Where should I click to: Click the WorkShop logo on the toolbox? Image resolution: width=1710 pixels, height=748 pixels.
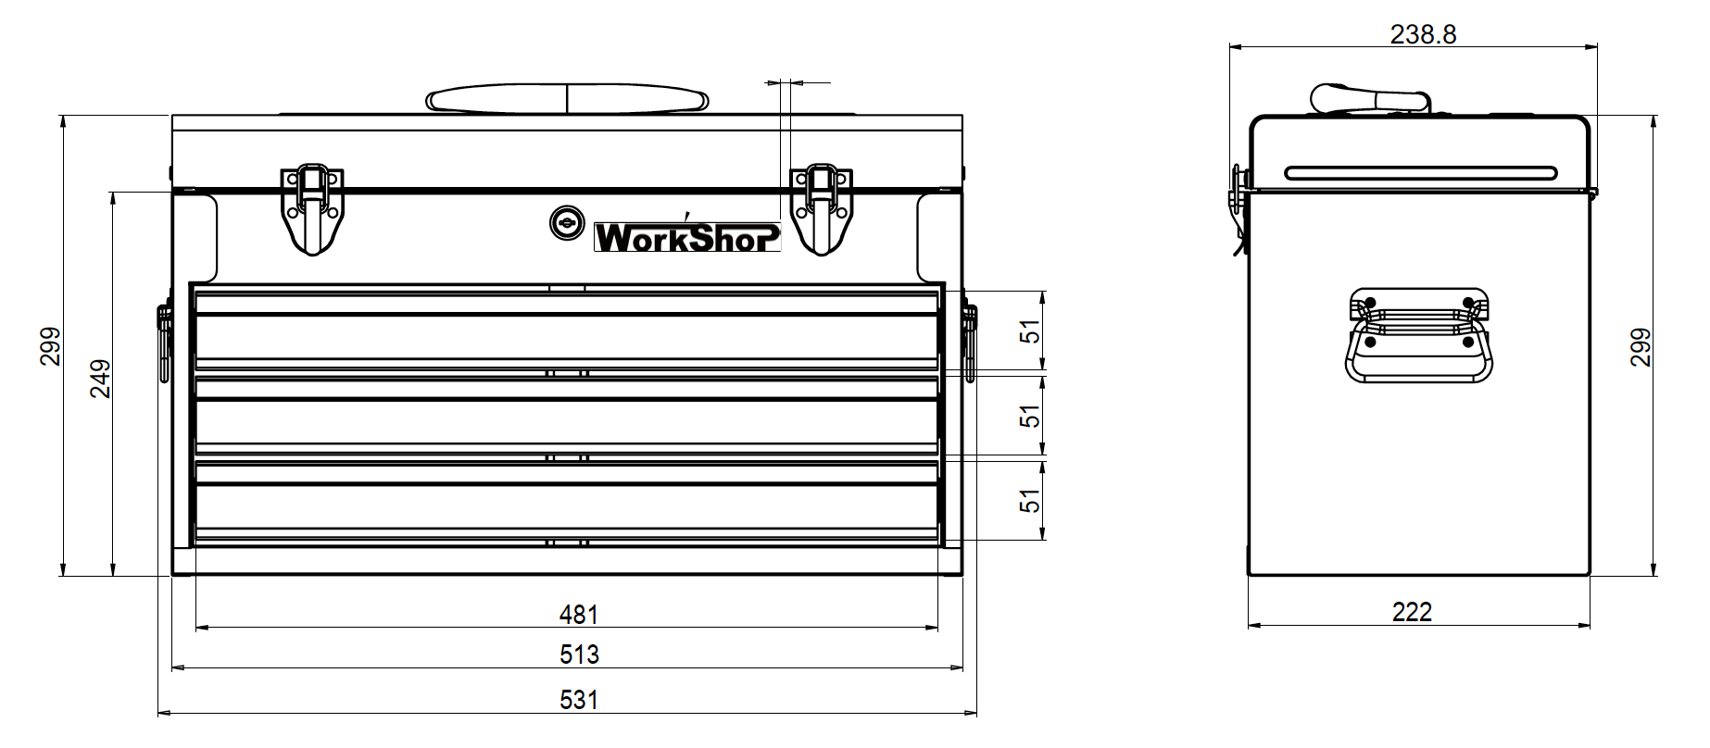[686, 236]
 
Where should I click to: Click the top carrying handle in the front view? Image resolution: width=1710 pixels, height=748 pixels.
[568, 99]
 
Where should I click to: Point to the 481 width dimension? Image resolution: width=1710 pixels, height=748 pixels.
[579, 614]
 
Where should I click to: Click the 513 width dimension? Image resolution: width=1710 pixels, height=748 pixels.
[579, 654]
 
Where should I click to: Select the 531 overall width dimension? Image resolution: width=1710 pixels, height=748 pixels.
[579, 699]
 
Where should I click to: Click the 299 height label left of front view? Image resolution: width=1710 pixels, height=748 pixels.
[51, 346]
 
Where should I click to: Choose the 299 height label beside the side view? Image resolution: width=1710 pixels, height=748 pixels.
[1641, 347]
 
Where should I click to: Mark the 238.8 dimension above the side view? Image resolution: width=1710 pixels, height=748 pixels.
[1423, 34]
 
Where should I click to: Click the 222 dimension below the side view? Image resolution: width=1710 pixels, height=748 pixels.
[1412, 612]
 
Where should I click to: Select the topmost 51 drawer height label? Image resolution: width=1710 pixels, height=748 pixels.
[1030, 331]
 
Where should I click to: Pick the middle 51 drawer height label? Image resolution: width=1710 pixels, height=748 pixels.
[1030, 417]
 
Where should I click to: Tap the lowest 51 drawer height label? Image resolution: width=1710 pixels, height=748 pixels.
[1030, 500]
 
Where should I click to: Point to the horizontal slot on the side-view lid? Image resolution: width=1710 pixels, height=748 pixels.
[1420, 172]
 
